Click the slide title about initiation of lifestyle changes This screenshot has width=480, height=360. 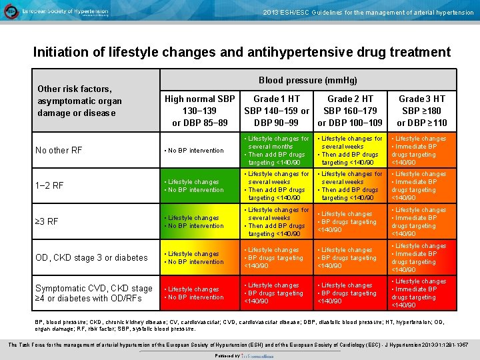[241, 52]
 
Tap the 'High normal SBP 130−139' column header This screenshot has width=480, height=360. [200, 111]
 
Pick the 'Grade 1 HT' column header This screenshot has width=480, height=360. [277, 111]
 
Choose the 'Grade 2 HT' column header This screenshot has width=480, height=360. [350, 111]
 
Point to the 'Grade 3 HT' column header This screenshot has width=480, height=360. [421, 111]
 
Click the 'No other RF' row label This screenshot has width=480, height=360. [60, 150]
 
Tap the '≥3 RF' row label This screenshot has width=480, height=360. [48, 221]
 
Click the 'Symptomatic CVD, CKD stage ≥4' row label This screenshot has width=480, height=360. [94, 293]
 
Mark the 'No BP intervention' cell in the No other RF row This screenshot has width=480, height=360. [195, 151]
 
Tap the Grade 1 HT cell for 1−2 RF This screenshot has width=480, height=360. [276, 186]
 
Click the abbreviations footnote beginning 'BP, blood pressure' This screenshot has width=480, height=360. [240, 325]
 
